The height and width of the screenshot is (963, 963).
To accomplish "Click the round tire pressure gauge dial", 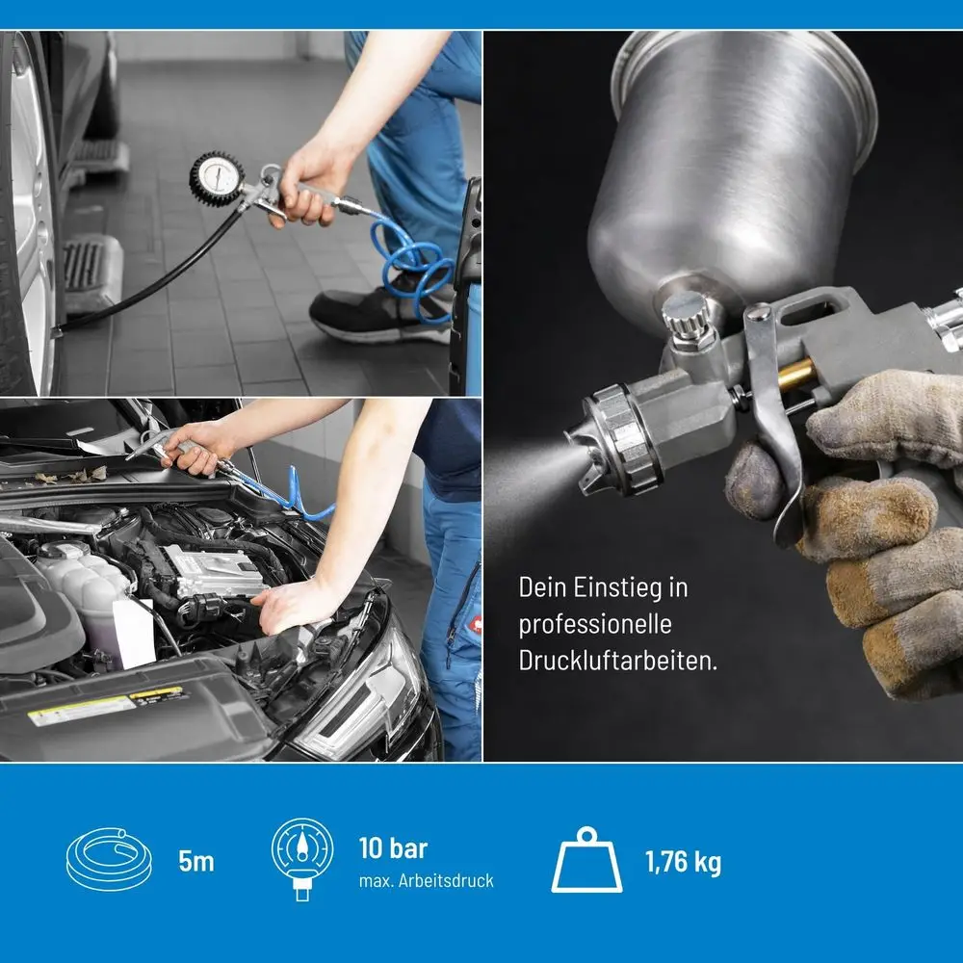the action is point(216,178).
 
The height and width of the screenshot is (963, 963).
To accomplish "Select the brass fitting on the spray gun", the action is point(796,375).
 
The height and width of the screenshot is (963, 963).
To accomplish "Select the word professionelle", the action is point(595,625).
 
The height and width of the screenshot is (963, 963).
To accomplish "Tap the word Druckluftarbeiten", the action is point(618,661).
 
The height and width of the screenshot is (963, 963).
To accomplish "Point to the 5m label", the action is point(196,862).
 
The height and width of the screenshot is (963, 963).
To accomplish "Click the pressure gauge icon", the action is point(302,859).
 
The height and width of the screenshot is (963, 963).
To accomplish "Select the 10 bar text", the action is point(393,848).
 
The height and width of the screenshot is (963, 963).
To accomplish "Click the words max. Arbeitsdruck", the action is point(427,881).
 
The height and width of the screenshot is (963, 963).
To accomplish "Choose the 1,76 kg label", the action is point(683,862).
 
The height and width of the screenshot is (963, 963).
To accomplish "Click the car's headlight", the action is point(362,706).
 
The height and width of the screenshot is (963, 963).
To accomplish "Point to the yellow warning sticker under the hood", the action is point(108,706).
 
